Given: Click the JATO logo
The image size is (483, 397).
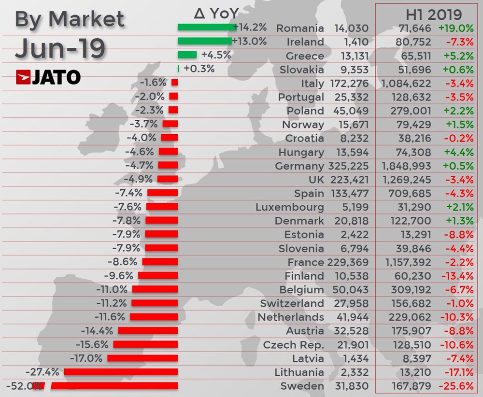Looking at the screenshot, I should (48, 77).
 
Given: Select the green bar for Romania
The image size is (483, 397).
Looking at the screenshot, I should (205, 28).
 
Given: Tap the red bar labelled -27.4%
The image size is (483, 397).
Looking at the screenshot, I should (121, 372).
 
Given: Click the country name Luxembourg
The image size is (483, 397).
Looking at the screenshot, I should (290, 207).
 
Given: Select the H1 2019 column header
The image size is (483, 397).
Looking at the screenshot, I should (426, 14).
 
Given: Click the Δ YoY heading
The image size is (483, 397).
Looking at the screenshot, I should (216, 13).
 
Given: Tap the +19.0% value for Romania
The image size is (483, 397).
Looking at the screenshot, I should (456, 28).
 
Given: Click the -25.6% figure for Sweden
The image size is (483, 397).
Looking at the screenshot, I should (456, 386).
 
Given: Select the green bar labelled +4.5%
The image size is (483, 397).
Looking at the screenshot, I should (187, 55).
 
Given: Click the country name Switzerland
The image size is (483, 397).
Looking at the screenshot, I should (292, 304).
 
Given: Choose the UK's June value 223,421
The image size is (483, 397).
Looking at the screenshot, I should (350, 180).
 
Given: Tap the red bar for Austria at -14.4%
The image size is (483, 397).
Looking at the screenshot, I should (148, 331).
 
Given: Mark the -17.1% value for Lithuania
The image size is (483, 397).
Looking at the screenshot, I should (456, 372).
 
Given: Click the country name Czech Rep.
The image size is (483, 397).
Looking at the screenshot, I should (293, 345).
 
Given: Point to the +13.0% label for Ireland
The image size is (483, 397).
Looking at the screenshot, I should (249, 42).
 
